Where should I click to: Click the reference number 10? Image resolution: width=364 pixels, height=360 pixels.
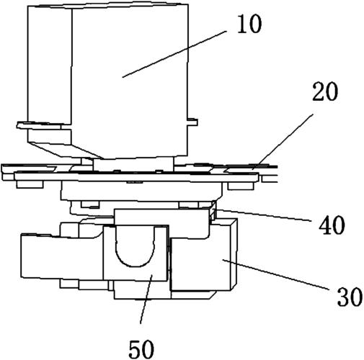[x=249, y=24]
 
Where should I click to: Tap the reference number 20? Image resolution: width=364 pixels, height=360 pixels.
[x=325, y=91]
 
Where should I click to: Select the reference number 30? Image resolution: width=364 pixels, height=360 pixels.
[x=350, y=297]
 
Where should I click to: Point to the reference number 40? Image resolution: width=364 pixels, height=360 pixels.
[x=332, y=225]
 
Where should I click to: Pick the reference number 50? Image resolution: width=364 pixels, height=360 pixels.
[x=141, y=349]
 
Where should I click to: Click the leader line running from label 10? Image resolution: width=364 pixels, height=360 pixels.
[x=174, y=54]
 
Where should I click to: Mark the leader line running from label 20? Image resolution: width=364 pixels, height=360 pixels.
[x=283, y=142]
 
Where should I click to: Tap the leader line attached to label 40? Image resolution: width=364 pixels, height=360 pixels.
[x=263, y=215]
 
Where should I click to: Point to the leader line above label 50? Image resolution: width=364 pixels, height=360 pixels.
[x=146, y=300]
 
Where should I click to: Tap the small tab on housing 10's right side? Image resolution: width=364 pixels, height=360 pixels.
[x=192, y=122]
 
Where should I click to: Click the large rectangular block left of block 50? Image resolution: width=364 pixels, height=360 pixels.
[x=63, y=256]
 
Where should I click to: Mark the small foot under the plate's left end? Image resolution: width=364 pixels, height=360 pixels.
[x=30, y=184]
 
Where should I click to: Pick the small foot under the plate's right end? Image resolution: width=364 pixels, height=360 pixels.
[x=241, y=186]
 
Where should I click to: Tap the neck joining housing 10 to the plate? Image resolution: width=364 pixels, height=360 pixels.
[x=133, y=165]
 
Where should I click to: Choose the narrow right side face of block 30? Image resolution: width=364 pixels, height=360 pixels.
[x=234, y=254]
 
